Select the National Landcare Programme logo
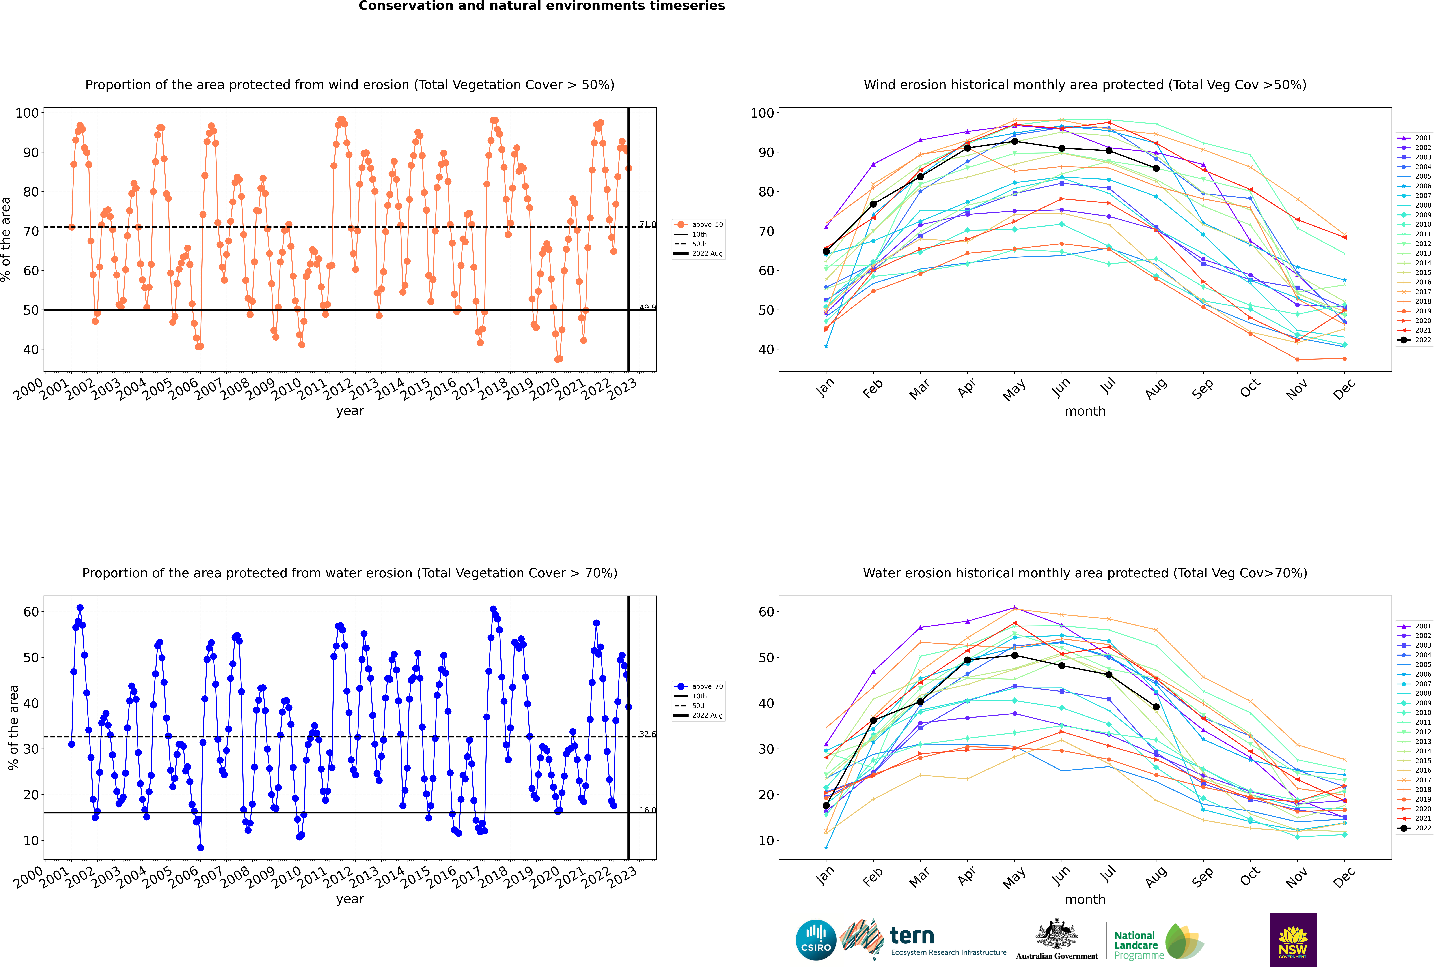[x=1158, y=942]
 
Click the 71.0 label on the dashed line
[x=647, y=225]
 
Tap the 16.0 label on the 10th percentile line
[x=647, y=810]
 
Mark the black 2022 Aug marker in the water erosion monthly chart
[x=1156, y=707]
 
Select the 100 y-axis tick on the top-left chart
[x=27, y=113]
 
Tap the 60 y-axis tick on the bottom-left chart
[x=31, y=612]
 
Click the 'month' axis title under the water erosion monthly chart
[x=1085, y=899]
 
